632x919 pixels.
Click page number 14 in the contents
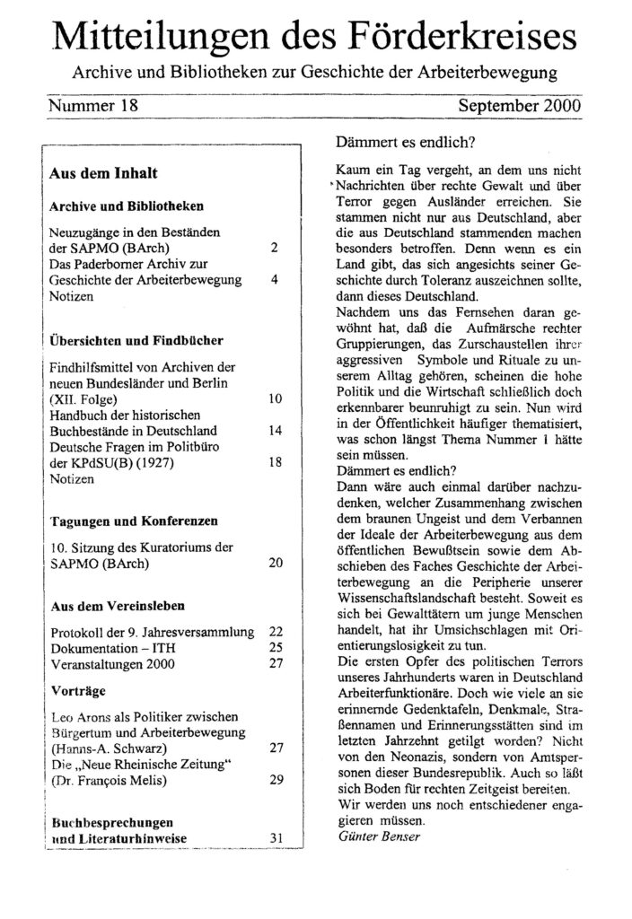[276, 430]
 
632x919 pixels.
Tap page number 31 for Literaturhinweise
[276, 837]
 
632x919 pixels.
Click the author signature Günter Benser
[369, 836]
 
